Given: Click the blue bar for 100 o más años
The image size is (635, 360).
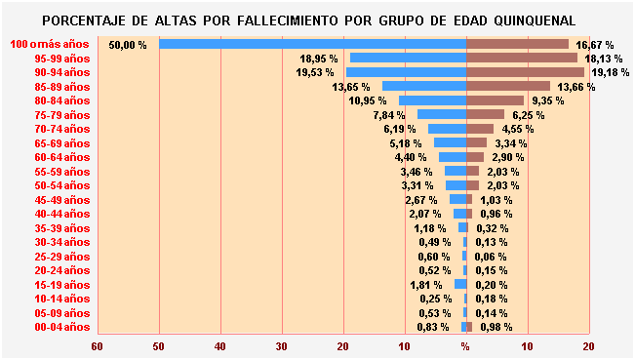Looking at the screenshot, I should tap(312, 44).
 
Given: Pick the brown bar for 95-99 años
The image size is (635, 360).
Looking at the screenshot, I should tap(522, 59).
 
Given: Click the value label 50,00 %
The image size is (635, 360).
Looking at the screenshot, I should tap(128, 45).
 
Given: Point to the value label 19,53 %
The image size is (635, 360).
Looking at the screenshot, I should tap(316, 73).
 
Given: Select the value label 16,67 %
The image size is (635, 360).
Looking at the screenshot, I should tap(595, 45).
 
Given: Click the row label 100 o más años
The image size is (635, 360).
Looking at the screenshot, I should tap(50, 45).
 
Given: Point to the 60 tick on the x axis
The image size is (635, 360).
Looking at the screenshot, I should tap(97, 345).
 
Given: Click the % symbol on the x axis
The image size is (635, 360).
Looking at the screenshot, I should tap(466, 345).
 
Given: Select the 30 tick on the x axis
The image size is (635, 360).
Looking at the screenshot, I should tap(282, 345).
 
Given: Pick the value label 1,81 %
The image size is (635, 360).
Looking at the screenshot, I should tap(429, 285).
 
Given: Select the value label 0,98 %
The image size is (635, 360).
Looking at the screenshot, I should tap(495, 327).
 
